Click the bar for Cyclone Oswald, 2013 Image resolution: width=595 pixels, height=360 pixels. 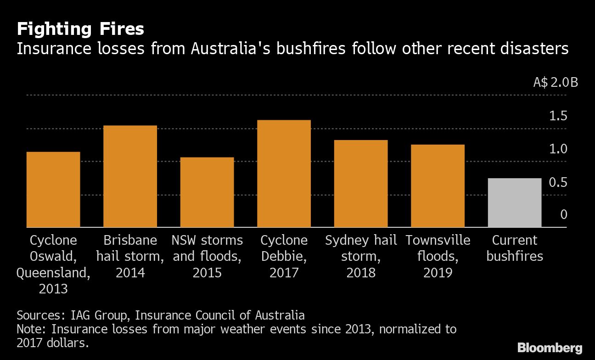tap(53, 190)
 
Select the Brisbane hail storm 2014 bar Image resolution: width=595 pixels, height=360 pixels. tap(130, 177)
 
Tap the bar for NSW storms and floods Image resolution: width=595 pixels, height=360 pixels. tap(207, 192)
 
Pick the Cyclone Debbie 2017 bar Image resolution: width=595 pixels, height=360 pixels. tap(284, 174)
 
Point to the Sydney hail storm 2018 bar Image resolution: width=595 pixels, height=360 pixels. tap(361, 184)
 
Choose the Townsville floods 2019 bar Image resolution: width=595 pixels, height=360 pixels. tap(438, 186)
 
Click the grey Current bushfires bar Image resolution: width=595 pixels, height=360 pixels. tap(515, 203)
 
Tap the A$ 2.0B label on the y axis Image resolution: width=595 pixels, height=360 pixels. tap(555, 83)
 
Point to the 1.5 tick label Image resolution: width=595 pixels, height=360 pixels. tap(558, 116)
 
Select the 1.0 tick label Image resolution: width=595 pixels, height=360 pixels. tap(558, 149)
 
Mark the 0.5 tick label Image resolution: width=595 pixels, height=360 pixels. tap(558, 182)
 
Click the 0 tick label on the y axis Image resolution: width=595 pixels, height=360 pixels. tap(564, 215)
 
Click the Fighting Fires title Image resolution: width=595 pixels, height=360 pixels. tap(80, 29)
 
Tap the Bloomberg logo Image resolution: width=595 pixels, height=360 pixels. tap(550, 348)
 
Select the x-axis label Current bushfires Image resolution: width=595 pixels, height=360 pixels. tap(515, 248)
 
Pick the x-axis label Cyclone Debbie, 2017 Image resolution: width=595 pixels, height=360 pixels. tap(284, 256)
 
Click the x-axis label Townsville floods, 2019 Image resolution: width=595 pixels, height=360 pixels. tap(438, 256)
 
